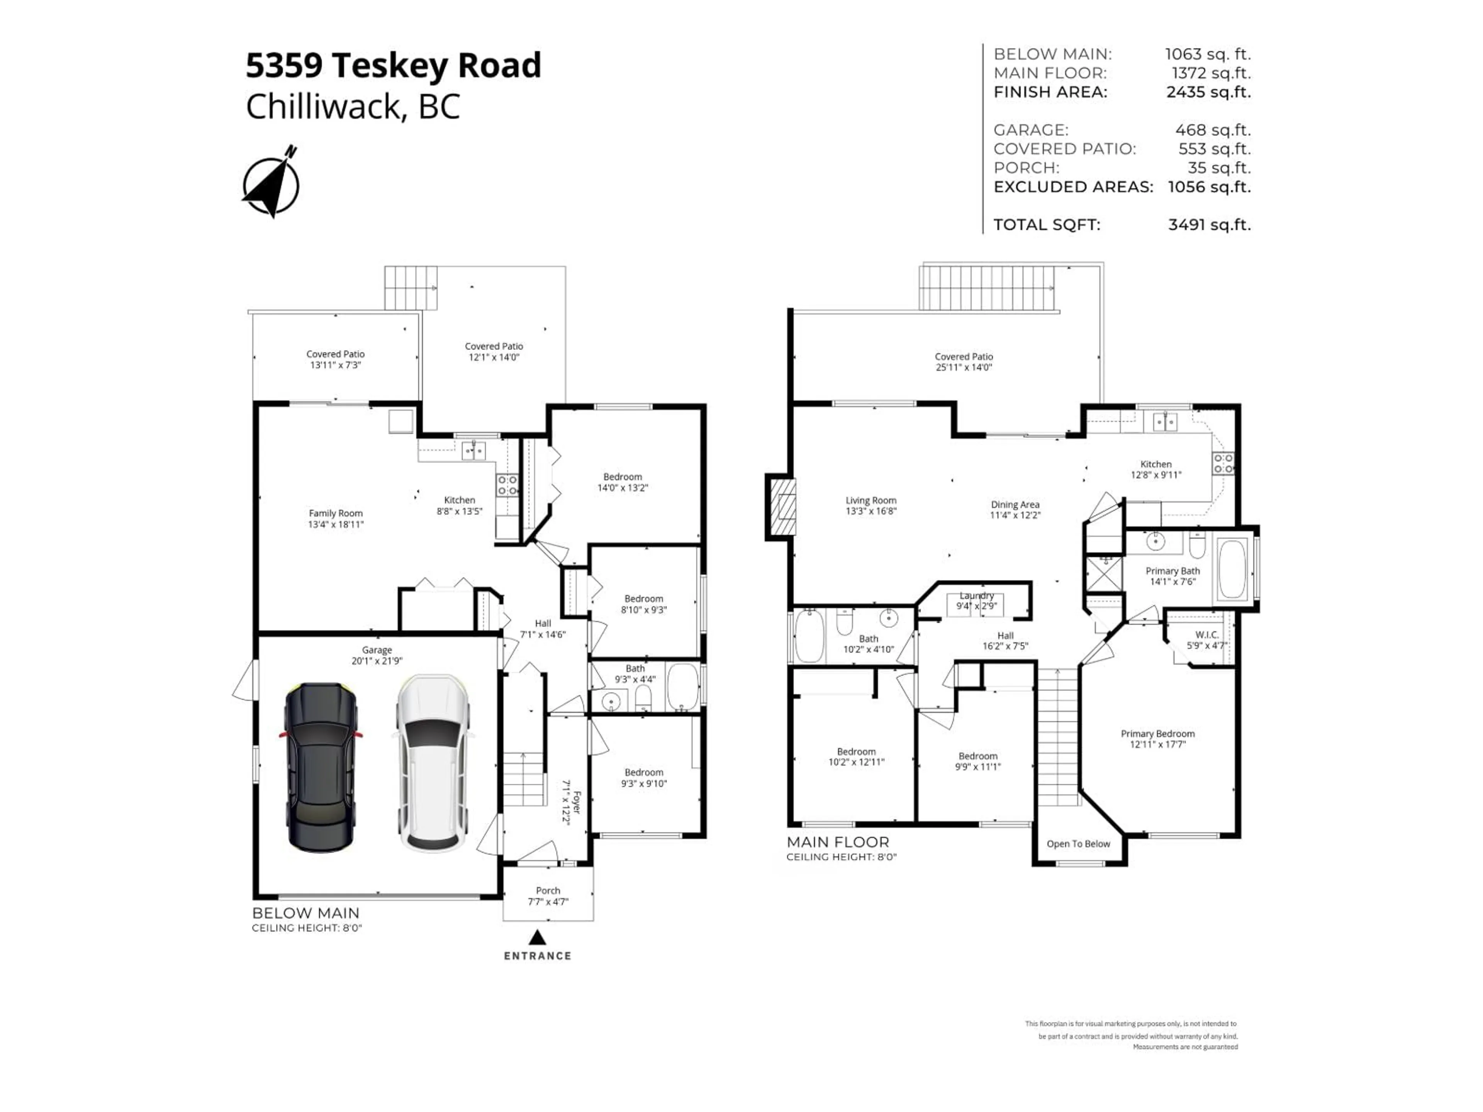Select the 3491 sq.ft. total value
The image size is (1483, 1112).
tap(1209, 225)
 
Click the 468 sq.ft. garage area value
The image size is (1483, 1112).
tap(1212, 130)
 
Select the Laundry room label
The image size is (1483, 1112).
tap(976, 600)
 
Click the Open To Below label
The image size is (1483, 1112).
tap(1078, 844)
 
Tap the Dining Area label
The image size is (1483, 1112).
tap(1015, 509)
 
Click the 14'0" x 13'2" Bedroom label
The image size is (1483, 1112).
tap(622, 482)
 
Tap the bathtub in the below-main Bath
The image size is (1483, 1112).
tap(682, 687)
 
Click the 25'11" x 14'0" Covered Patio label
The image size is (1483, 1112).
tap(964, 362)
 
